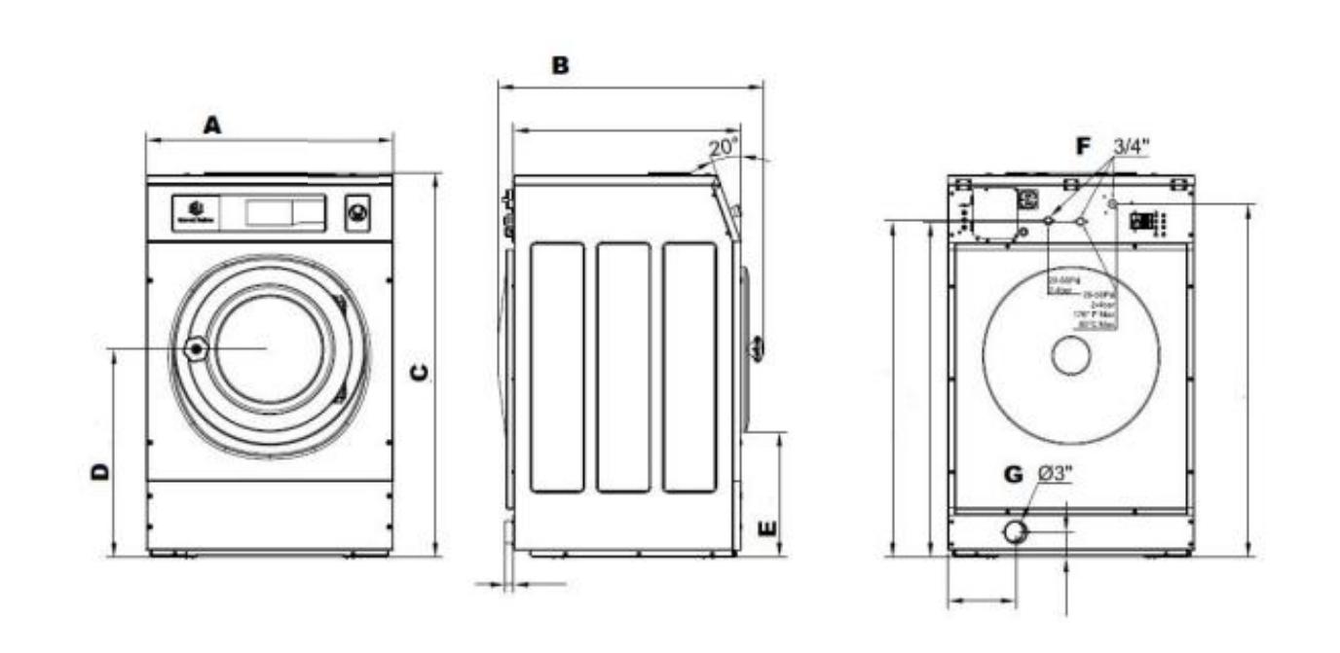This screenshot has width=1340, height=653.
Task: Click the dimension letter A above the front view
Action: click(x=212, y=125)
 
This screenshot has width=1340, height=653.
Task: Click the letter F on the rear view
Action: click(x=1084, y=146)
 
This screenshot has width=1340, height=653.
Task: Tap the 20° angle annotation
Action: click(x=723, y=147)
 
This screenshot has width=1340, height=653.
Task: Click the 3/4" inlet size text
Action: click(x=1131, y=146)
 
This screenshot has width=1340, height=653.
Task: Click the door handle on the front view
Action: click(x=196, y=347)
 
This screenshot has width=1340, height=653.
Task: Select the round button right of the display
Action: click(x=357, y=212)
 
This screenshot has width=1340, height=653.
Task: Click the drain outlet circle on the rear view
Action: click(x=1016, y=532)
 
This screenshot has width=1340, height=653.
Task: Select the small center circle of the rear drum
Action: click(x=1070, y=357)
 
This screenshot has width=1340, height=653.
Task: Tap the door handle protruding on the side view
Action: click(x=756, y=346)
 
